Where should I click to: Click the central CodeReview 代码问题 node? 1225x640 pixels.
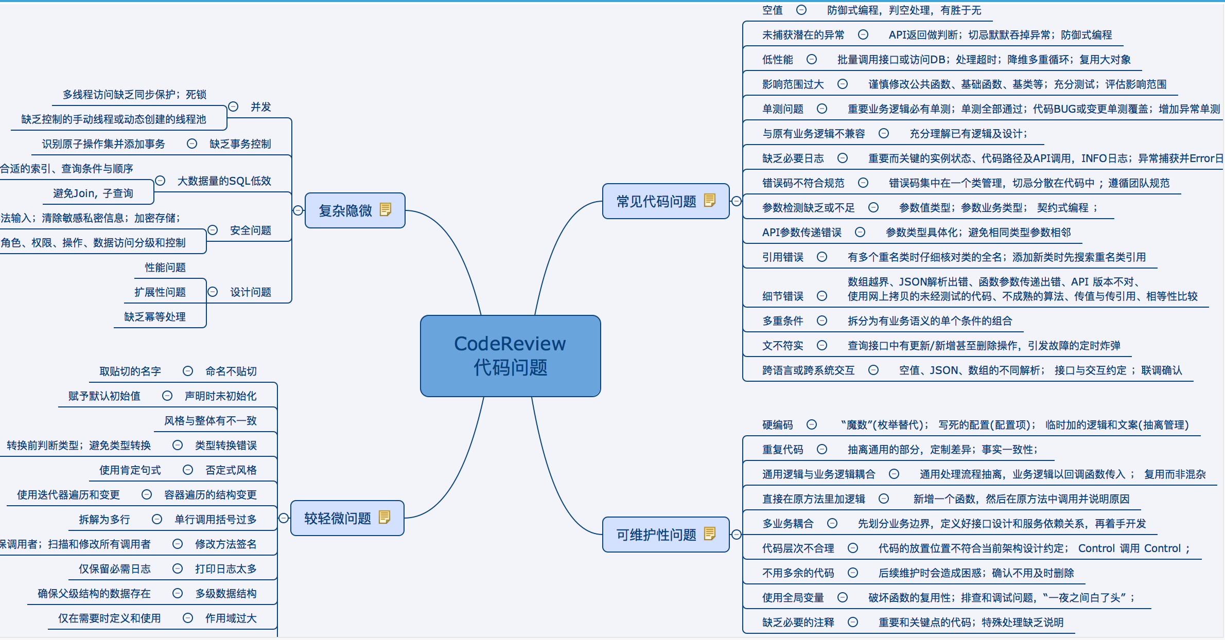click(x=510, y=355)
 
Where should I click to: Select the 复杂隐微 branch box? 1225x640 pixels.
click(x=345, y=210)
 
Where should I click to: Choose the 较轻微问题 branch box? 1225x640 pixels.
click(x=337, y=518)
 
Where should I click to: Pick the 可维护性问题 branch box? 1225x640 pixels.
click(x=656, y=535)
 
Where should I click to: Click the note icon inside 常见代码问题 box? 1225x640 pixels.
click(x=710, y=200)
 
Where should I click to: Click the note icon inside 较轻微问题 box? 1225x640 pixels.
click(x=384, y=517)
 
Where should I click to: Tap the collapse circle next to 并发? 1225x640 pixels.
click(x=233, y=106)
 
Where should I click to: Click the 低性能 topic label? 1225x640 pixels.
click(x=777, y=60)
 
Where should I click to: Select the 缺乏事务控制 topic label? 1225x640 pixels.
click(x=240, y=144)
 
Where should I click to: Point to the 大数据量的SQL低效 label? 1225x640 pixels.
click(x=224, y=181)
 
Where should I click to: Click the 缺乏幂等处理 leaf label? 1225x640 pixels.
click(x=154, y=317)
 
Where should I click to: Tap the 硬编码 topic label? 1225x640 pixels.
click(x=777, y=425)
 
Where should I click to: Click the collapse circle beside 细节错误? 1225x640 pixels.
click(x=822, y=296)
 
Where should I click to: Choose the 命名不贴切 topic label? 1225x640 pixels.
click(x=231, y=371)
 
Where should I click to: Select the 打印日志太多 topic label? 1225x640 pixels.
click(x=225, y=569)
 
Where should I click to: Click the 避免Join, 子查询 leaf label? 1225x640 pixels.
click(x=93, y=193)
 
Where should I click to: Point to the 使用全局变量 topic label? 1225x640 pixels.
click(x=793, y=598)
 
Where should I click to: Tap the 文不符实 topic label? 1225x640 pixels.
click(x=782, y=346)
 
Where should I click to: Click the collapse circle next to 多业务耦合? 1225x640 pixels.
click(x=832, y=523)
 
